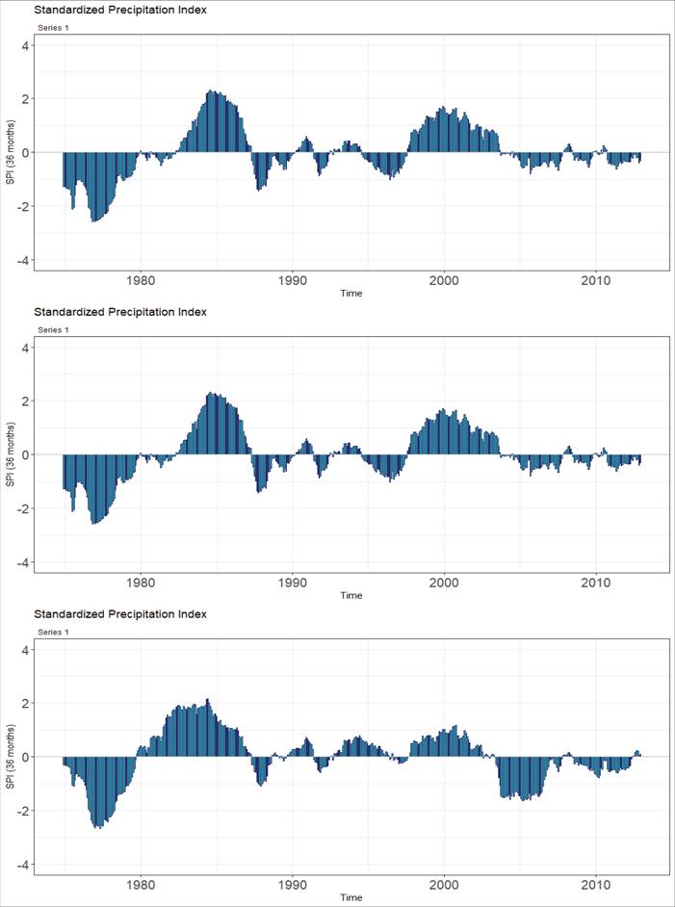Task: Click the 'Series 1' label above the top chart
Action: (x=54, y=28)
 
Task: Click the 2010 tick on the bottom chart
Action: (x=596, y=886)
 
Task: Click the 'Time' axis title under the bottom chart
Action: (x=350, y=897)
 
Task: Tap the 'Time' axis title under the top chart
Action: (x=350, y=293)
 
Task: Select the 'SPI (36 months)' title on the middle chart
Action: (x=10, y=454)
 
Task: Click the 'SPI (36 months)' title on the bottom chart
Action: (x=10, y=757)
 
